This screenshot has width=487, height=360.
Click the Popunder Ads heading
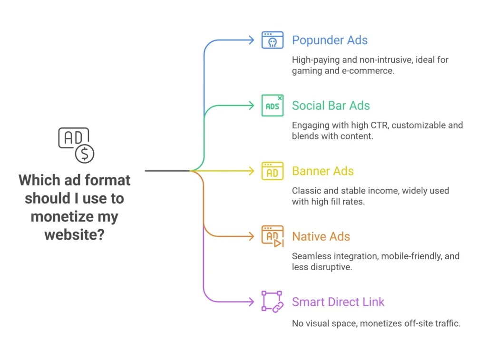point(330,40)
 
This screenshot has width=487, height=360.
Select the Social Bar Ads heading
point(331,106)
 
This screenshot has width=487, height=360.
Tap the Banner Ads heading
point(323,171)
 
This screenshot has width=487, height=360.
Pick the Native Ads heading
point(321,237)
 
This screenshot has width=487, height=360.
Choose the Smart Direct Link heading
point(338,302)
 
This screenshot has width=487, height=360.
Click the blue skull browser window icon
point(273,40)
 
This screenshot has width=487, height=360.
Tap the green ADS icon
point(273,105)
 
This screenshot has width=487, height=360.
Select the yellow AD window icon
point(273,171)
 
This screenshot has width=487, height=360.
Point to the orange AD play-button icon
point(273,236)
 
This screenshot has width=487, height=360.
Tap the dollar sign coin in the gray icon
point(85,154)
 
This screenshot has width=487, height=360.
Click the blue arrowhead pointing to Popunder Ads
point(252,40)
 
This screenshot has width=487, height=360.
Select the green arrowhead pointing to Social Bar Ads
point(252,106)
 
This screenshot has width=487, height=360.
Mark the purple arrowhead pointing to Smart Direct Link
point(252,302)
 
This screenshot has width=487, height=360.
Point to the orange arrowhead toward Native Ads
point(252,236)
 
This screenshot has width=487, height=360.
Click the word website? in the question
point(75,235)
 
